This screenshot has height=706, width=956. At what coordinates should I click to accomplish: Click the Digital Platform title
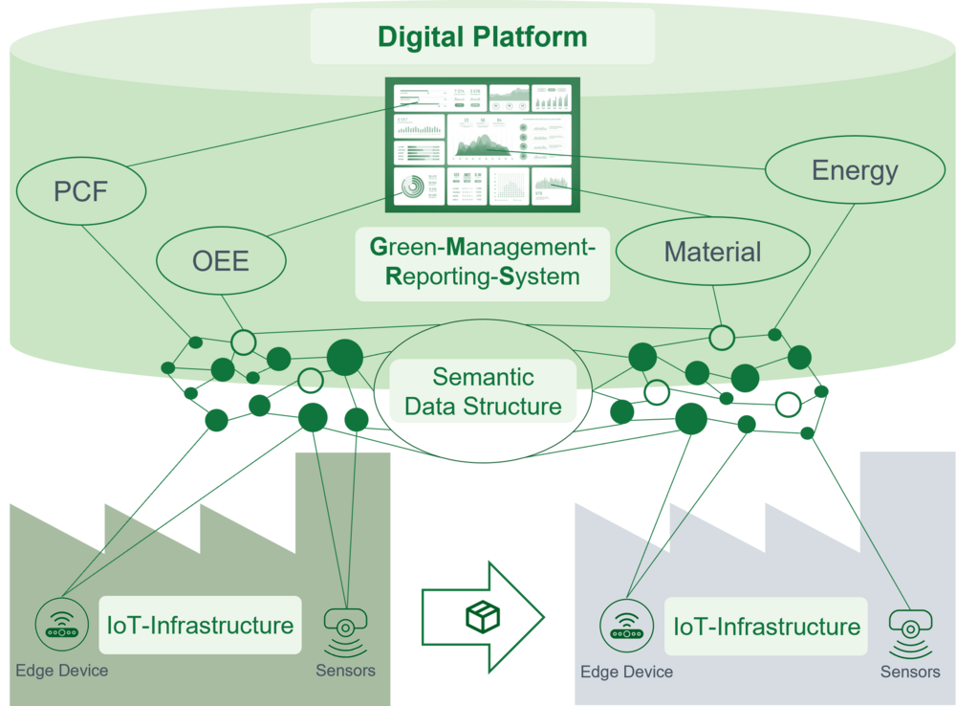coord(482,37)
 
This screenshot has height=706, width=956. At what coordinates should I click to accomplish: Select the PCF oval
coord(80,191)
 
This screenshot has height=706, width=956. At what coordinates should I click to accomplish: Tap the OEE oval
coord(220,260)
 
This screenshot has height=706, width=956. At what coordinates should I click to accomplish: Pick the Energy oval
coord(855,171)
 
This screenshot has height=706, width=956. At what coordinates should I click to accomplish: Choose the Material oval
coord(712,253)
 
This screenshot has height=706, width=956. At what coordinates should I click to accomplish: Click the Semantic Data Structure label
coord(483,391)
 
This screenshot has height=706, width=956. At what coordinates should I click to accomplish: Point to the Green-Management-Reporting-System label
coord(482,263)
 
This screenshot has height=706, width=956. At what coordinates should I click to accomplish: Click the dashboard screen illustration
coord(483,143)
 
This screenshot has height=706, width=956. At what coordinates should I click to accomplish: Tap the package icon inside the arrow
coord(483,617)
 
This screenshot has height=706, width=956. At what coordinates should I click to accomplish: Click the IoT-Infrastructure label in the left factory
coord(200,626)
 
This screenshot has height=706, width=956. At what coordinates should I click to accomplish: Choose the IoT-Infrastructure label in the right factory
coord(767,627)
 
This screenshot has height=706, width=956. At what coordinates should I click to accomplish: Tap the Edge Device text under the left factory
coord(61,671)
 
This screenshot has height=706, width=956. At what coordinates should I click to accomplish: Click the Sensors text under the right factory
coord(910,672)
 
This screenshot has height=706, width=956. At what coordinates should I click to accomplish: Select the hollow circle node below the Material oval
coord(722,337)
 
